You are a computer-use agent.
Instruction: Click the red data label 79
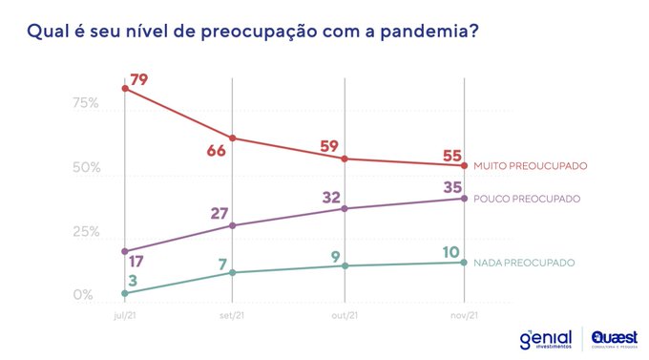139,80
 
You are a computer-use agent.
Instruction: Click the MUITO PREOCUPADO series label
530,166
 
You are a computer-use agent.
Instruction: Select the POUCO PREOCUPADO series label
527,199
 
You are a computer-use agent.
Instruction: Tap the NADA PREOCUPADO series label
524,263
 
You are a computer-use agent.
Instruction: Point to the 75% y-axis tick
86,103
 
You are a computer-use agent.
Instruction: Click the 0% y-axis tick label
84,296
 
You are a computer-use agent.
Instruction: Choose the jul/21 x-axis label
125,315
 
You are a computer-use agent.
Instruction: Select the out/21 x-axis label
345,315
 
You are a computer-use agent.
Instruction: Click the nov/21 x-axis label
464,315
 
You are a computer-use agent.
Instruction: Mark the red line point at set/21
233,138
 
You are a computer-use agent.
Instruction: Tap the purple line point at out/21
345,208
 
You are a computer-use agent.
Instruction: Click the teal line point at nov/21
464,263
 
